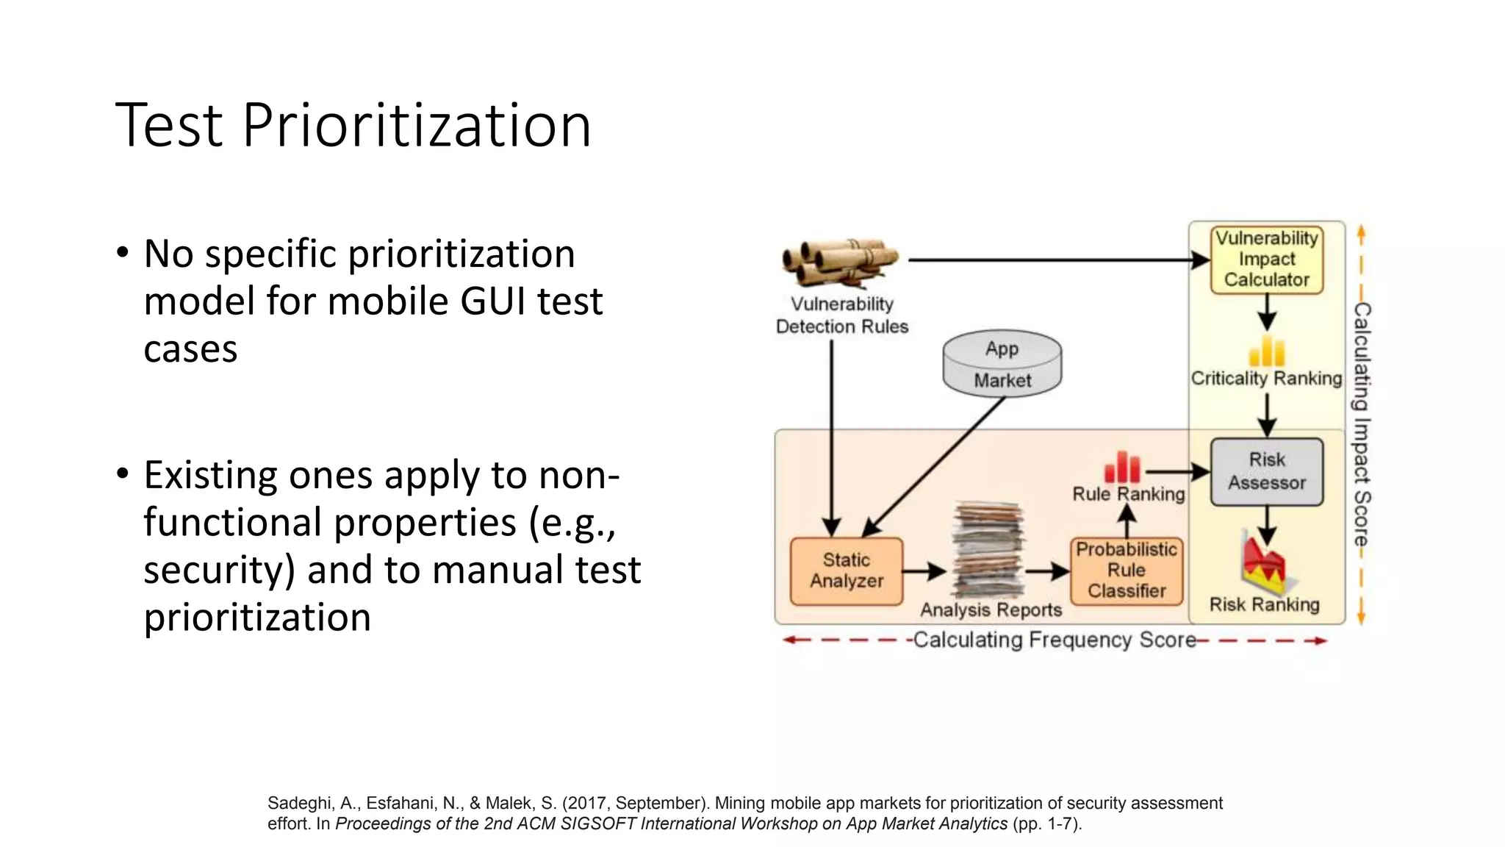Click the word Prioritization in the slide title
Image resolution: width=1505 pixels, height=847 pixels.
[416, 125]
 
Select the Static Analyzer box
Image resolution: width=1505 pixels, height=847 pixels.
[847, 571]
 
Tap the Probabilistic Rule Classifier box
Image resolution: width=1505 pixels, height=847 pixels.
[1127, 571]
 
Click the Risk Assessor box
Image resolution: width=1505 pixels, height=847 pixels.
[1267, 471]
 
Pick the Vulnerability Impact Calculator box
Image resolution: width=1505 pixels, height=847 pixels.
[1267, 260]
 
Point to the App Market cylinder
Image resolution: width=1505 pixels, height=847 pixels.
[1002, 364]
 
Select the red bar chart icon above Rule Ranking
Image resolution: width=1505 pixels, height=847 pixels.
[1122, 468]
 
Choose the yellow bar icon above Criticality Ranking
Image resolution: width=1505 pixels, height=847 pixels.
[1267, 351]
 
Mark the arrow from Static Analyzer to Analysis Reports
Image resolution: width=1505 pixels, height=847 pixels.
[924, 571]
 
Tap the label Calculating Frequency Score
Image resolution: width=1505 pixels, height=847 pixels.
[1054, 640]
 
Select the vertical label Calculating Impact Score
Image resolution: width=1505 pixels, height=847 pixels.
[1362, 424]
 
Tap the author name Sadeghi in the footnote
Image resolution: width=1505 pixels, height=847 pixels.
[299, 804]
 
